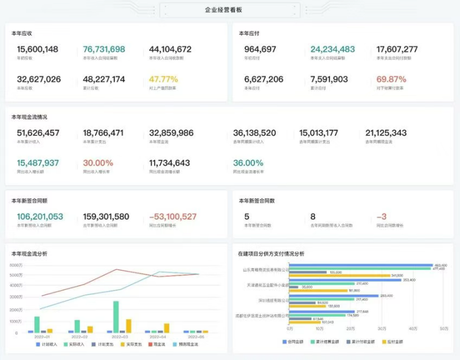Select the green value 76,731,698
[104, 49]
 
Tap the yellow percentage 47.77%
[163, 79]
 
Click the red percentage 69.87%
[391, 79]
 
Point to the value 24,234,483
[332, 49]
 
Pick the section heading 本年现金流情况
[29, 117]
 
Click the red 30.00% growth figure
[98, 163]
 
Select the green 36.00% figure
[248, 163]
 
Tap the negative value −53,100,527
[173, 216]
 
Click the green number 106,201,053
[40, 216]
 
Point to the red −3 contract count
[382, 216]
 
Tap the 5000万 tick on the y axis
[15, 275]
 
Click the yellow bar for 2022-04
[166, 328]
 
